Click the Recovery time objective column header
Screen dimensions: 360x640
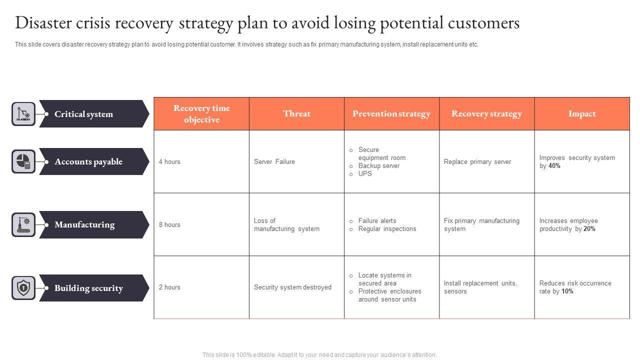coord(201,114)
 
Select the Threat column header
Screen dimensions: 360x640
coord(296,113)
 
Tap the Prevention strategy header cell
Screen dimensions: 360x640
coord(391,113)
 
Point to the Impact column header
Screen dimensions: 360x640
coord(582,113)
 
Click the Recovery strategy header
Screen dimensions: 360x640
coord(486,113)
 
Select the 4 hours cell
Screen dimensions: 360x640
coord(169,161)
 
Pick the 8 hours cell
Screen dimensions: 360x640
coord(169,224)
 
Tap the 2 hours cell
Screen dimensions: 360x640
coord(169,287)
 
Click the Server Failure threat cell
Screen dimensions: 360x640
coord(274,161)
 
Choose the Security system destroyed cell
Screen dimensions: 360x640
coord(292,287)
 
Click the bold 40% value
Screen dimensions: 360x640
coord(554,166)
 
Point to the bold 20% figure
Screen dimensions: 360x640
coord(589,229)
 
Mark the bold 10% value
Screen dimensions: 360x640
coord(567,291)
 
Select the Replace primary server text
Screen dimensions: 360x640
coord(477,161)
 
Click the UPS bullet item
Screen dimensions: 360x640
coord(365,174)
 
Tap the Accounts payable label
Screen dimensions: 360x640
coord(88,161)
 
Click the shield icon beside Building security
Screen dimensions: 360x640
coord(23,288)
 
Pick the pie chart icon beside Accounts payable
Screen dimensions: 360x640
coord(23,161)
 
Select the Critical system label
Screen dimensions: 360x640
coord(83,114)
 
